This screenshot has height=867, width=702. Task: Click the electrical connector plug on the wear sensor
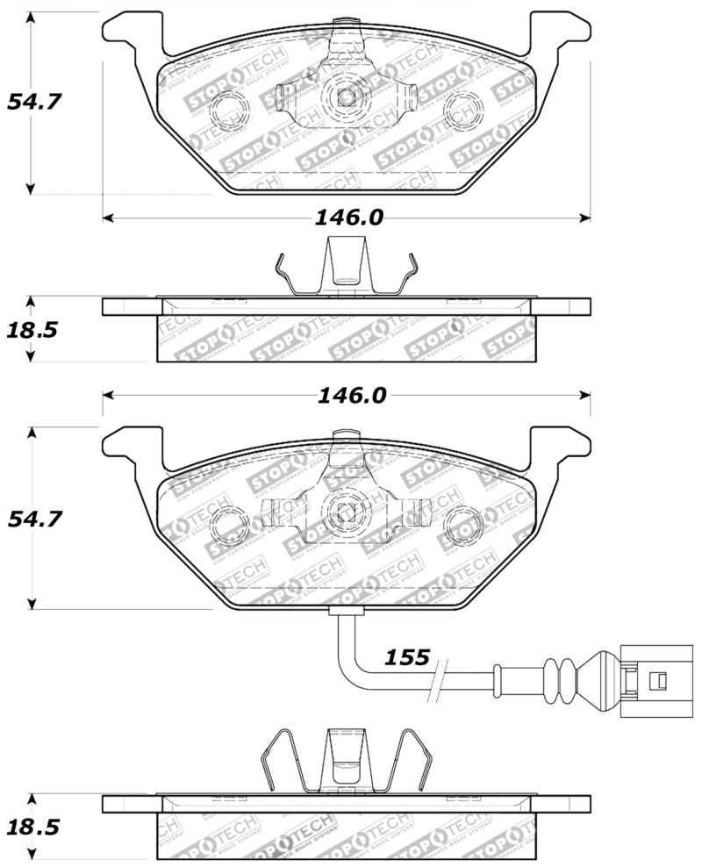click(x=645, y=678)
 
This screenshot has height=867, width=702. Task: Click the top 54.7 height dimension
click(x=34, y=101)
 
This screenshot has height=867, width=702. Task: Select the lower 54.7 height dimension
click(x=34, y=519)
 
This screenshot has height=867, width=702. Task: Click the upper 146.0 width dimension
click(x=349, y=218)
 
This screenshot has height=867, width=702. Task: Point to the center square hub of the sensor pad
click(x=345, y=515)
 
